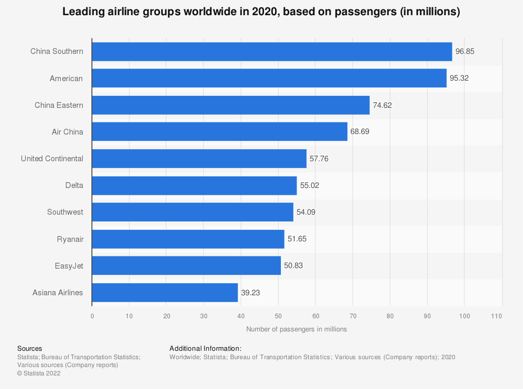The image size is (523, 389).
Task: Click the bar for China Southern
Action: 272,51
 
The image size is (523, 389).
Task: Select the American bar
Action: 269,79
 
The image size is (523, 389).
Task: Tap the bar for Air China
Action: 220,132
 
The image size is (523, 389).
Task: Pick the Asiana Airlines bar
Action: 165,293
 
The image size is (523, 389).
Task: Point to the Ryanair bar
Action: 188,239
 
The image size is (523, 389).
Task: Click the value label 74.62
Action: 382,105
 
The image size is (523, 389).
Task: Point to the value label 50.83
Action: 293,266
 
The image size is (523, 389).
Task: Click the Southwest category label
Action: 65,212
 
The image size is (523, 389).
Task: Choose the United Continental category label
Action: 52,159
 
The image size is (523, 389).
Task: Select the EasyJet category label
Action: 69,266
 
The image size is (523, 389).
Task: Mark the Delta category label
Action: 74,185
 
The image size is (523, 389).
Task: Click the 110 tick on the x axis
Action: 497,316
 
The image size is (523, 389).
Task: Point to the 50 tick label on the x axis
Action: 278,316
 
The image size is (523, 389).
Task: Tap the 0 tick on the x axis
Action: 92,316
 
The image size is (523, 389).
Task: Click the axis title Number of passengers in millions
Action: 297,329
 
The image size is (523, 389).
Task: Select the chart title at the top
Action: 261,13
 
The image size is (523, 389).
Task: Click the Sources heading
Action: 30,348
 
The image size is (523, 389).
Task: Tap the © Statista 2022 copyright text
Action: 39,373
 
